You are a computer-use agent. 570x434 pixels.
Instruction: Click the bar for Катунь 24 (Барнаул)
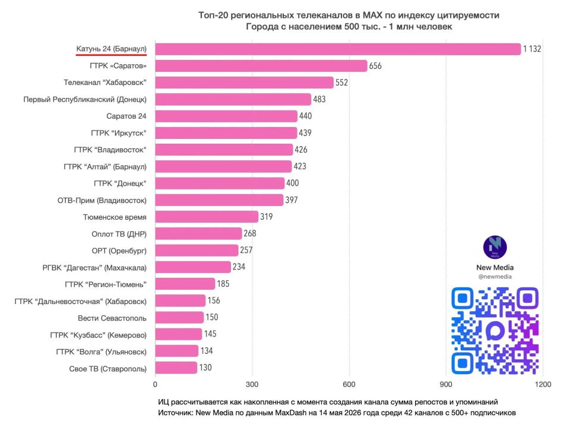pos(338,49)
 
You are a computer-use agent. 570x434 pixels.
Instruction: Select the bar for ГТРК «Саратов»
pos(261,66)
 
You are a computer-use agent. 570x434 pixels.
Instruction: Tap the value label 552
pos(341,83)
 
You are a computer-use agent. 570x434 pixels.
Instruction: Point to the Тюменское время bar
pos(207,217)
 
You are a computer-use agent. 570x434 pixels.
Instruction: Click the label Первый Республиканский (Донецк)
pos(85,99)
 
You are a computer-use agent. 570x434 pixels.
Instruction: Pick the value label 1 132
pos(532,49)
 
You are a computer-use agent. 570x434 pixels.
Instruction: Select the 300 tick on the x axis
pos(252,384)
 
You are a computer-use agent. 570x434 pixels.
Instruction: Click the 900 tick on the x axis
pos(446,384)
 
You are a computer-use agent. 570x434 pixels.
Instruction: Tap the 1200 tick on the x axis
pos(543,384)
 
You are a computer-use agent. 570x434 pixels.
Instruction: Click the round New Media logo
pos(495,248)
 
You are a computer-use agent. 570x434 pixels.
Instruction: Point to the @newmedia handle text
pos(495,277)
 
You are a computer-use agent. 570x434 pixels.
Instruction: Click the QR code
pos(495,331)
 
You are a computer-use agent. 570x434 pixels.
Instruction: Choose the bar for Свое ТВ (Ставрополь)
pos(176,368)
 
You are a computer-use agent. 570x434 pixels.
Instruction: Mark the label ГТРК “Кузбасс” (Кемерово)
pos(98,335)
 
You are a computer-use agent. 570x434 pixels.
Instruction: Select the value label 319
pos(266,217)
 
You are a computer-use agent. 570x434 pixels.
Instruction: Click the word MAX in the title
pos(373,15)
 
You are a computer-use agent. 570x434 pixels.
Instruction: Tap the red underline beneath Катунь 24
pos(111,55)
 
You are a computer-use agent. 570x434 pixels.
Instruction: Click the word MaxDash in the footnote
pos(290,413)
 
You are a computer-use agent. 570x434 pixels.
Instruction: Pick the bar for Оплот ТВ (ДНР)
pos(198,234)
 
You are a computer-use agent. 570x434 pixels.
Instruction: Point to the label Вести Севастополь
pos(112,318)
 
